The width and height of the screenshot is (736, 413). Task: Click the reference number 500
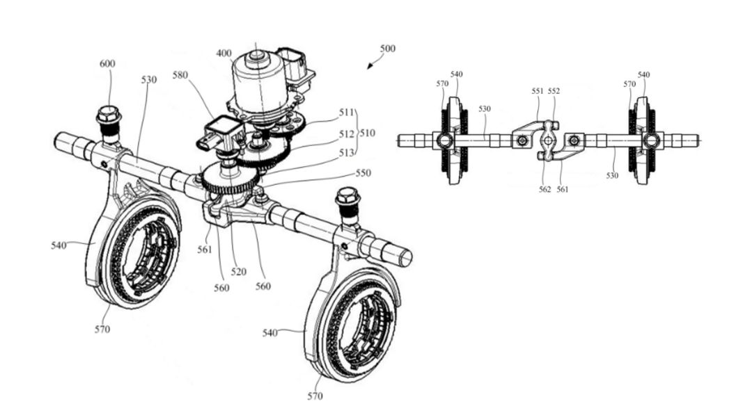388,48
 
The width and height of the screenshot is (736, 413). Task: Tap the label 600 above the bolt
107,63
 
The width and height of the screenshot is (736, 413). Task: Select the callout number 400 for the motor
224,53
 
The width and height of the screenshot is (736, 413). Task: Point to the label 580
180,75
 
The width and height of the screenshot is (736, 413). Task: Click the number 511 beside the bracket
346,113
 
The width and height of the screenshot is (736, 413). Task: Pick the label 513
346,153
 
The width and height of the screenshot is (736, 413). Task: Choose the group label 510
368,133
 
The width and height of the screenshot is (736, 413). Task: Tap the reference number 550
363,173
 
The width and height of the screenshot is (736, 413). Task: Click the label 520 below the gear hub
238,272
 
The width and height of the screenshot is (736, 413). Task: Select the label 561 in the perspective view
205,250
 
